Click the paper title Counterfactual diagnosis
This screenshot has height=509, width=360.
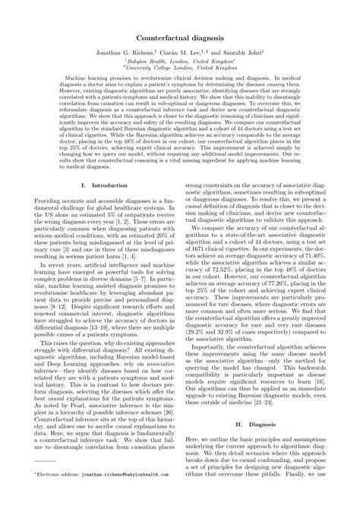[180, 37]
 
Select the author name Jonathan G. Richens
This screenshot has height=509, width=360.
[122, 55]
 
